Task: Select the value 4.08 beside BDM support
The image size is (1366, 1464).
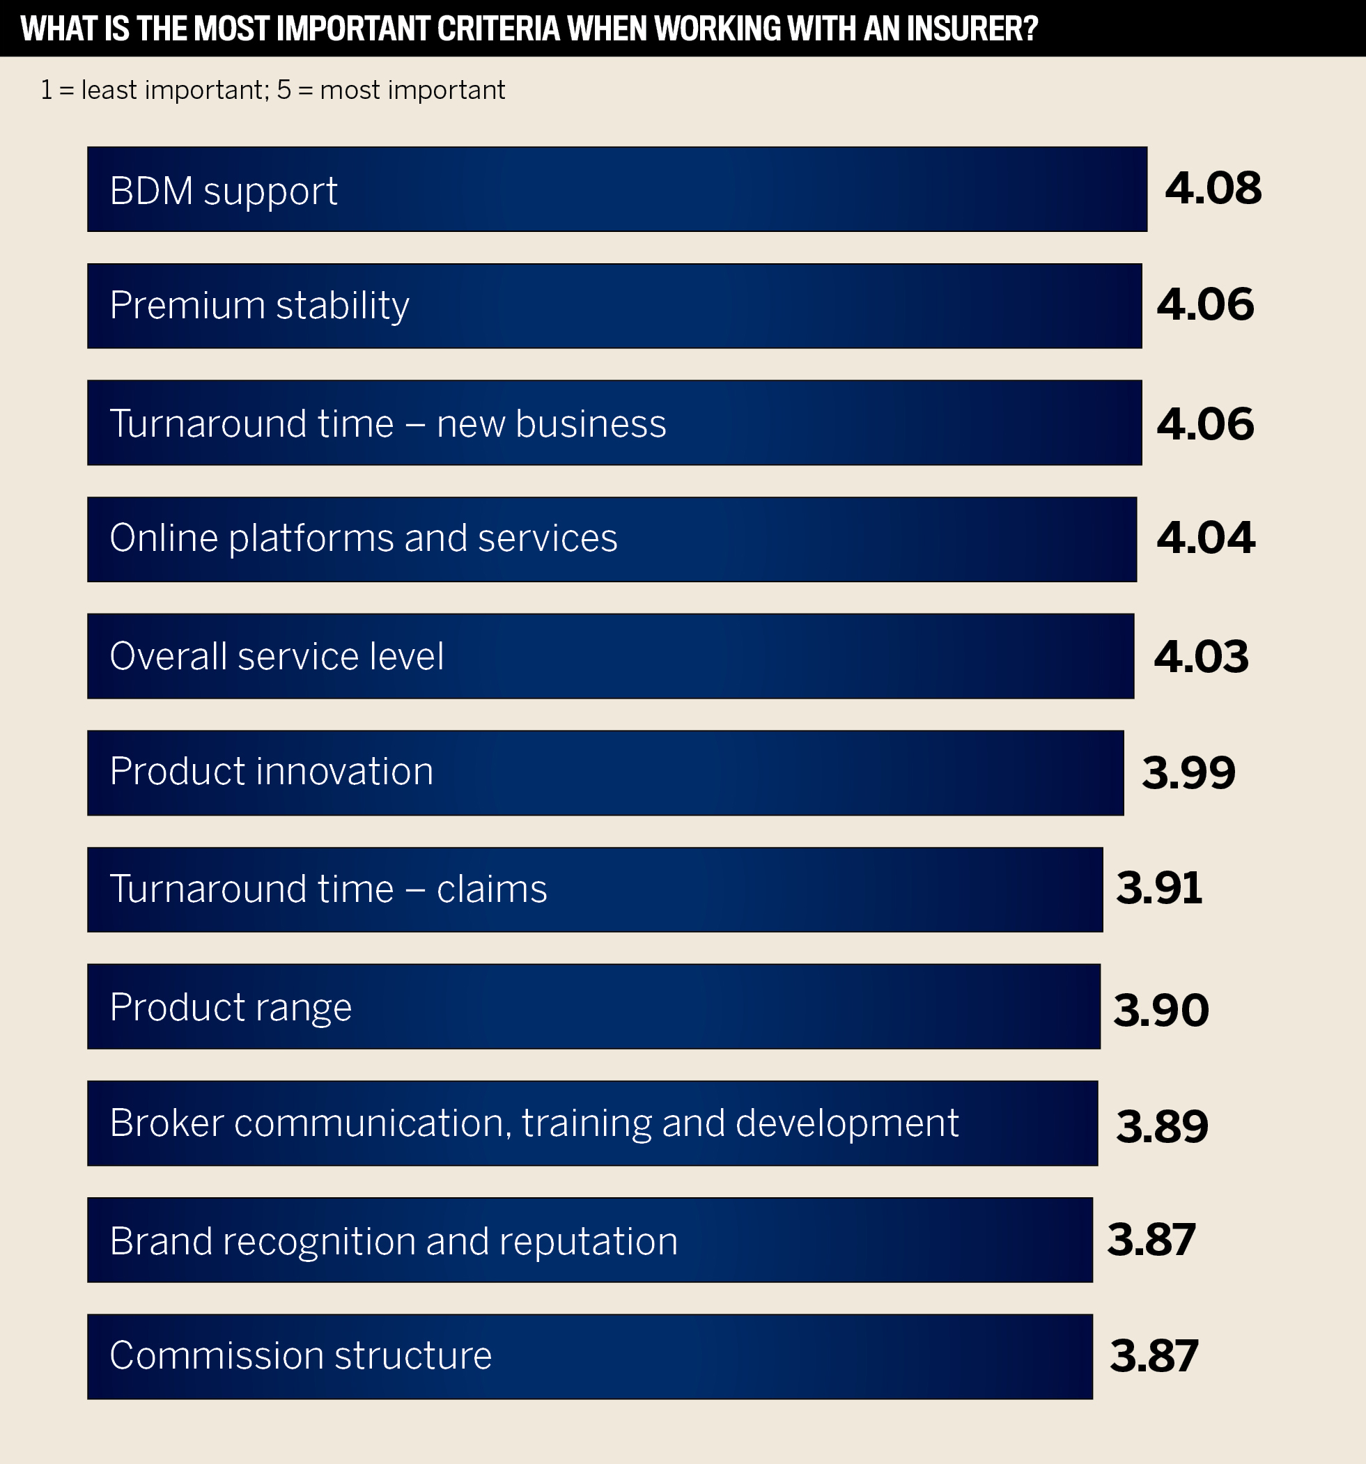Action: point(1213,189)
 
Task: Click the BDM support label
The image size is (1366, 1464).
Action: point(223,191)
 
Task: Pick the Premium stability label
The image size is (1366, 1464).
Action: point(259,305)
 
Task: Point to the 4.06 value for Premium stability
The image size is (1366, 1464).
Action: point(1204,304)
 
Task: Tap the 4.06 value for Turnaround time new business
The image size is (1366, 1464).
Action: point(1204,424)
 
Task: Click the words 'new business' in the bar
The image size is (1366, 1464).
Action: point(551,423)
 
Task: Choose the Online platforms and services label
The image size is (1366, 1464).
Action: point(363,538)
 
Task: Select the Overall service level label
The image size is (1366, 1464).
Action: point(276,655)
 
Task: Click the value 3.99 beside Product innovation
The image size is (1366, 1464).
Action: point(1188,773)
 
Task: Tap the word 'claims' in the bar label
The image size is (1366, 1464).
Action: point(491,889)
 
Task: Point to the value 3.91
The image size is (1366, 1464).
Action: point(1159,888)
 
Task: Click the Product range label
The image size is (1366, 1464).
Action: point(231,1006)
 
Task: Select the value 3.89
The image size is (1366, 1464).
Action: point(1162,1126)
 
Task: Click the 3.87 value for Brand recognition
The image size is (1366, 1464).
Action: point(1151,1240)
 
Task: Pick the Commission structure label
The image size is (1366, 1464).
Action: point(300,1355)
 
